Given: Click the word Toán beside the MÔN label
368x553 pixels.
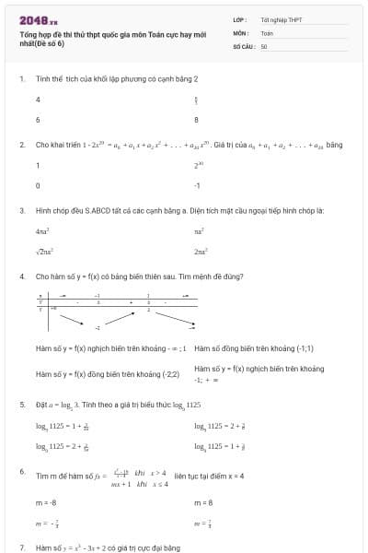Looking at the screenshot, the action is [x=267, y=32].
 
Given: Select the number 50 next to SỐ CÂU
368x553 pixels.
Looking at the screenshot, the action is [x=264, y=45].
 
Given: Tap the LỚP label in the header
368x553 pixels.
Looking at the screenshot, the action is [x=240, y=19].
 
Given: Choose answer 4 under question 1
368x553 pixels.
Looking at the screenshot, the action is [x=38, y=99].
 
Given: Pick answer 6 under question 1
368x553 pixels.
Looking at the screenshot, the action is [x=38, y=120].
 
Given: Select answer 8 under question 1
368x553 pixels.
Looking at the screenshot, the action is [x=196, y=120].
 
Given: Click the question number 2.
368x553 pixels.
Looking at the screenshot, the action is [x=22, y=145].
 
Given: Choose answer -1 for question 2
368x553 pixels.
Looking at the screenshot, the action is [x=197, y=186].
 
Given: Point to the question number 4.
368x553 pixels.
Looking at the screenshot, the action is [x=22, y=276].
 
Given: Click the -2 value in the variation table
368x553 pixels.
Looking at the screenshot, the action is [x=98, y=328].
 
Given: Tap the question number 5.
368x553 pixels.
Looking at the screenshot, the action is [x=22, y=405].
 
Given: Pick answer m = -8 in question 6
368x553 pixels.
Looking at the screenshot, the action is [x=46, y=503].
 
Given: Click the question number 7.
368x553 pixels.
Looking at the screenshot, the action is [x=22, y=547].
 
